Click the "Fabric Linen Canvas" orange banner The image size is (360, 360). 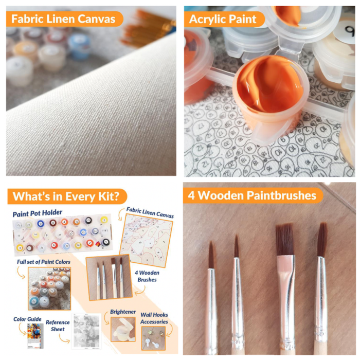64,19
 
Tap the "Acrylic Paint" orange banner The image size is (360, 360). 224,19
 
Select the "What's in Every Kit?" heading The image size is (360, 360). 66,196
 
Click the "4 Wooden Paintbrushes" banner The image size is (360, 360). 253,195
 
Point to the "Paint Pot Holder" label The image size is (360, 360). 38,213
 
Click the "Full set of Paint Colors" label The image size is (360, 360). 44,262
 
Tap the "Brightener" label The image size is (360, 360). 123,312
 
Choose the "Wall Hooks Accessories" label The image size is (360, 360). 154,318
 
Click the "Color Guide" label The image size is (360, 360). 27,319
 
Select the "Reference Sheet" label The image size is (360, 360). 58,326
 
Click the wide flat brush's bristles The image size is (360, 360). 285,240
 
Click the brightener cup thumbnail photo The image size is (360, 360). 123,329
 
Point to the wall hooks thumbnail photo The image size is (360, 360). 153,338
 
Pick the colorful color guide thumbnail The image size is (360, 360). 35,336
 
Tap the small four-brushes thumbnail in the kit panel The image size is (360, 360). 109,277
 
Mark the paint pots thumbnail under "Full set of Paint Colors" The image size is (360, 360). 49,289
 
